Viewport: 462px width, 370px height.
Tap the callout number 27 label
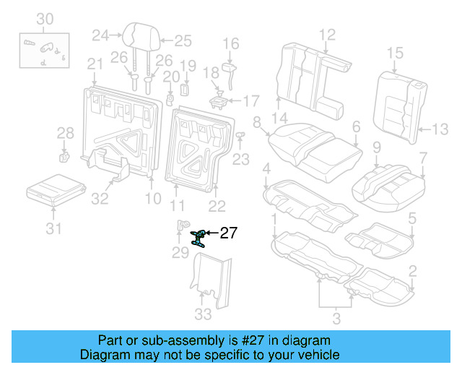[x=228, y=233]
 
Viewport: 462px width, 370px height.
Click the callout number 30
[x=45, y=17]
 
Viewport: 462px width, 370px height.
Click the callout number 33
[x=204, y=314]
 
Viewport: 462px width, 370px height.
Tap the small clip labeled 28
[x=64, y=155]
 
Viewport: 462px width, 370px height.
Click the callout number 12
[x=327, y=33]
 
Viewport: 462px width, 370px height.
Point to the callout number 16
[x=230, y=45]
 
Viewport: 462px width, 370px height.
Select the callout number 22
[x=217, y=207]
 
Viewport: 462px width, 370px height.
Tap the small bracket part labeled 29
[x=182, y=226]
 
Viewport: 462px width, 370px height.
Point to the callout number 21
[x=95, y=65]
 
